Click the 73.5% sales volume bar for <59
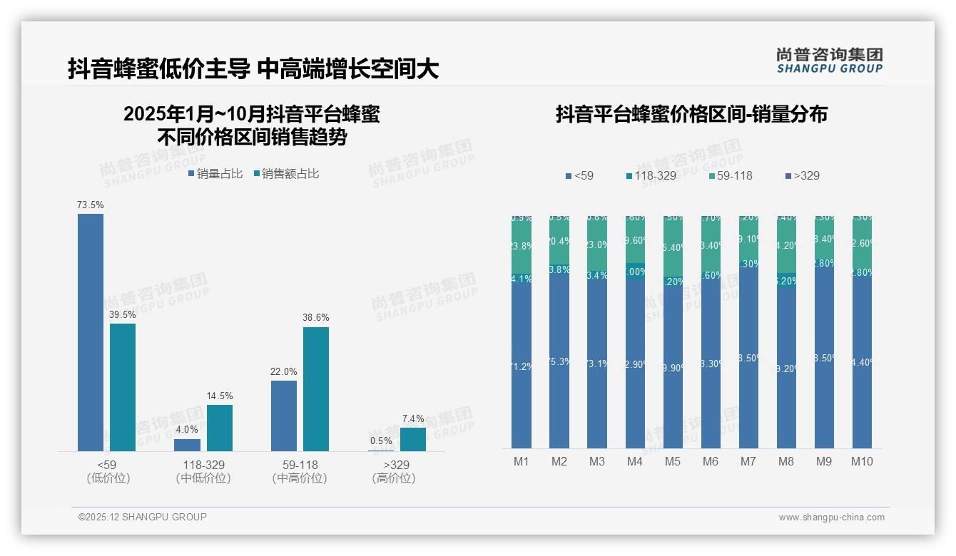pyautogui.click(x=91, y=332)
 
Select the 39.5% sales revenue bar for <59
pyautogui.click(x=123, y=387)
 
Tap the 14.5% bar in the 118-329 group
pyautogui.click(x=220, y=428)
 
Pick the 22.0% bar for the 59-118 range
pyautogui.click(x=284, y=416)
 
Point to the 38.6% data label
pyautogui.click(x=316, y=318)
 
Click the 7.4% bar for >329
pyautogui.click(x=413, y=439)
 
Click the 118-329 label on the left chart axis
pyautogui.click(x=203, y=465)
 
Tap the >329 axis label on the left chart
pyautogui.click(x=394, y=465)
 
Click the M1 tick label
pyautogui.click(x=522, y=462)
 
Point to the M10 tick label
pyautogui.click(x=862, y=462)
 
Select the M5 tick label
pyautogui.click(x=673, y=462)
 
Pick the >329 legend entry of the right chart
pyautogui.click(x=802, y=175)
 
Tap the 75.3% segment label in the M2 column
pyautogui.click(x=559, y=361)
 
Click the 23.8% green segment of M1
pyautogui.click(x=522, y=247)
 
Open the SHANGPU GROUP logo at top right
pyautogui.click(x=829, y=61)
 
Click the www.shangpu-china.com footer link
pyautogui.click(x=831, y=518)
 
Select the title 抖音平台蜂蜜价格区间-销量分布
pyautogui.click(x=691, y=115)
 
